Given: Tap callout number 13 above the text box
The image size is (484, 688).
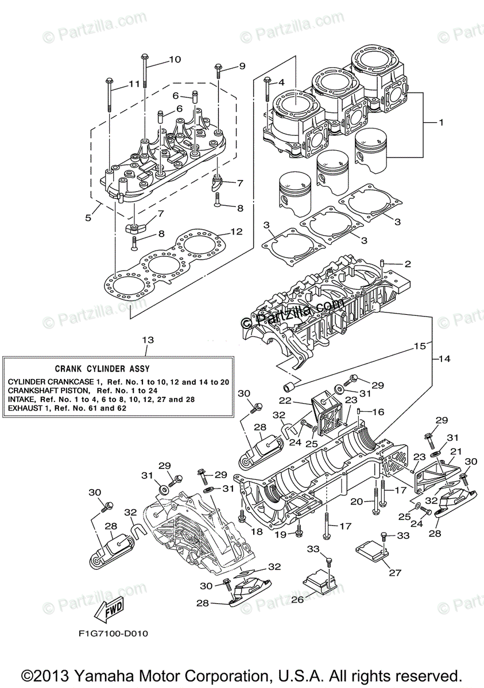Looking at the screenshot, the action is (148, 340).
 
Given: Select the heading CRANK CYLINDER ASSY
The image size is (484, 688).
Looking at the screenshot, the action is (102, 369).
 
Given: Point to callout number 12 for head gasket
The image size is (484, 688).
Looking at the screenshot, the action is (237, 231).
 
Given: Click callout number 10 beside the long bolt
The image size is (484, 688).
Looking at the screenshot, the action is (175, 59).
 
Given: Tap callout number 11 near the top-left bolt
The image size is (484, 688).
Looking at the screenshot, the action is (134, 84).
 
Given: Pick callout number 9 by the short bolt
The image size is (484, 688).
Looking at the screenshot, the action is (242, 66).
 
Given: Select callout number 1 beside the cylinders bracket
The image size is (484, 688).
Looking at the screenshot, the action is (442, 123).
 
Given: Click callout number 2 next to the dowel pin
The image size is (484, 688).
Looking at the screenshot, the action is (408, 264).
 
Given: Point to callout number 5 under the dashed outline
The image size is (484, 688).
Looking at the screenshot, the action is (88, 218).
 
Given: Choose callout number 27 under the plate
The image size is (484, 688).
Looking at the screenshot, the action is (395, 573).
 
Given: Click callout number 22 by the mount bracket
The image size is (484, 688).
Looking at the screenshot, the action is (285, 401).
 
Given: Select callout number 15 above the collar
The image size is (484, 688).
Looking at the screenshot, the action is (420, 346).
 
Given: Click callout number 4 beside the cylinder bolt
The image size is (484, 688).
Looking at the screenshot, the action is (282, 83).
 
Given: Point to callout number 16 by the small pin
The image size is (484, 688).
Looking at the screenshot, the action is (378, 411).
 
